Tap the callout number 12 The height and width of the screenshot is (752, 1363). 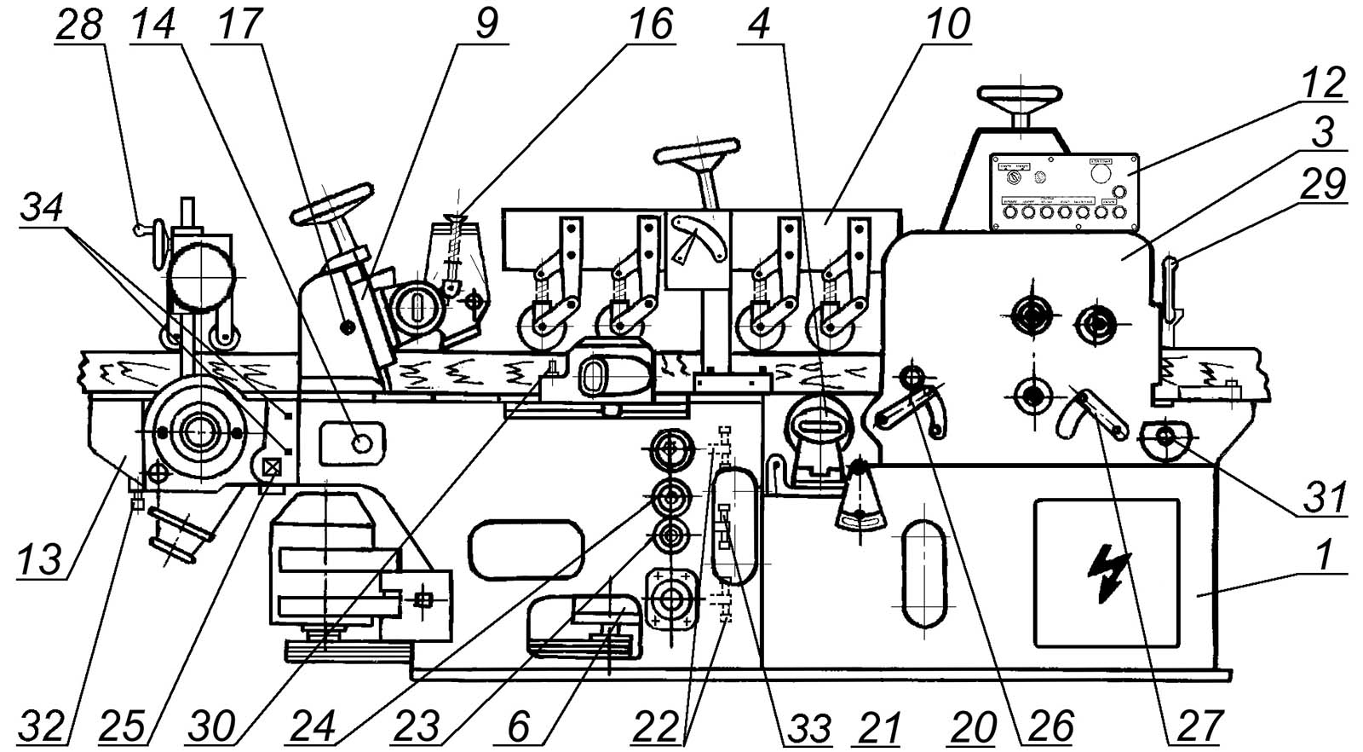(x=1323, y=82)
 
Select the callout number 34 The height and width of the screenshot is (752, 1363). (x=43, y=207)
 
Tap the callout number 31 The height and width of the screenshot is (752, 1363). (x=1323, y=497)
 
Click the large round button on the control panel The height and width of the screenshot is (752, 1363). (x=1100, y=173)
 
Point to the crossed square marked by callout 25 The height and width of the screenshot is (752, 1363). (x=273, y=467)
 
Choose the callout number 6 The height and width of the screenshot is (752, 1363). (x=518, y=728)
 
